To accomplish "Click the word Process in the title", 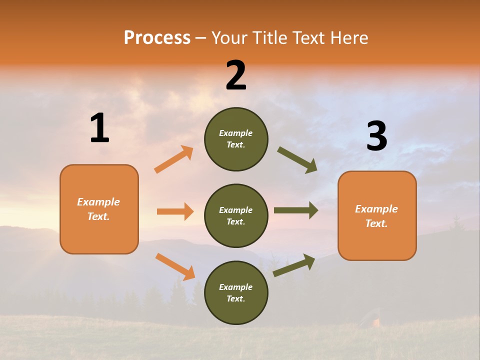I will point(157,37).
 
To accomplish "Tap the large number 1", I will point(99,128).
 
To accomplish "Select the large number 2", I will point(236,75).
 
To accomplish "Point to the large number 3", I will point(376,136).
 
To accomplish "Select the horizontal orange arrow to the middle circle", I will point(175,211).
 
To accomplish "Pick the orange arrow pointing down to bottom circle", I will point(175,266).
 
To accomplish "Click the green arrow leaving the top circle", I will point(297,160).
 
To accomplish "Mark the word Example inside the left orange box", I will point(98,202).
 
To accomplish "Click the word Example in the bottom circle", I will point(236,287).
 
